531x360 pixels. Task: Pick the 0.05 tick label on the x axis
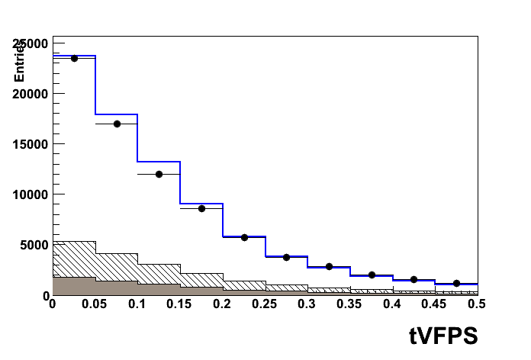click(x=94, y=305)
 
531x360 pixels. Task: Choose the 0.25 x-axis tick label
click(x=264, y=305)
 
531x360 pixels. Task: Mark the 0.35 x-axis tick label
click(x=349, y=305)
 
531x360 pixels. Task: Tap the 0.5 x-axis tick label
click(x=477, y=305)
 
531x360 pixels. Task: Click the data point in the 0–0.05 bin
click(x=74, y=58)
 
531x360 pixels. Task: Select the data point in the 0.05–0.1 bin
click(x=117, y=124)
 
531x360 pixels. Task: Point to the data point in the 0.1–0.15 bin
click(x=159, y=174)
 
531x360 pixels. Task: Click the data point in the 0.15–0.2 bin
click(x=201, y=208)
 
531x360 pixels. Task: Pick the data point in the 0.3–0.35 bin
click(x=329, y=266)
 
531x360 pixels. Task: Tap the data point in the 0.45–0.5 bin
click(x=456, y=283)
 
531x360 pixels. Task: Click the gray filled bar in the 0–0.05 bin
click(x=74, y=286)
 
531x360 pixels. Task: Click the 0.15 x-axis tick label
click(x=179, y=305)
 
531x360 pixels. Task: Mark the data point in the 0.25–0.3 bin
click(x=286, y=257)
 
